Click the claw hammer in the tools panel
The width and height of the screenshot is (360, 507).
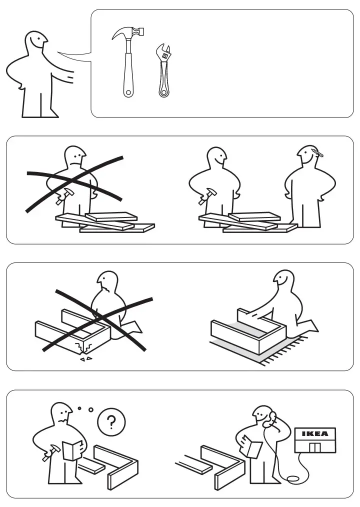pyautogui.click(x=128, y=60)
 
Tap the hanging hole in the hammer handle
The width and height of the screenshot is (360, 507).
pyautogui.click(x=128, y=92)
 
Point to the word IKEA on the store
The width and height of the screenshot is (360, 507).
pyautogui.click(x=315, y=433)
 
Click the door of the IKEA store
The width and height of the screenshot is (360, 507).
pyautogui.click(x=314, y=446)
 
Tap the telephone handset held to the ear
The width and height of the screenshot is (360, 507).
pyautogui.click(x=271, y=419)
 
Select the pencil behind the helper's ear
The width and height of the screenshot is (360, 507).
pyautogui.click(x=316, y=152)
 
